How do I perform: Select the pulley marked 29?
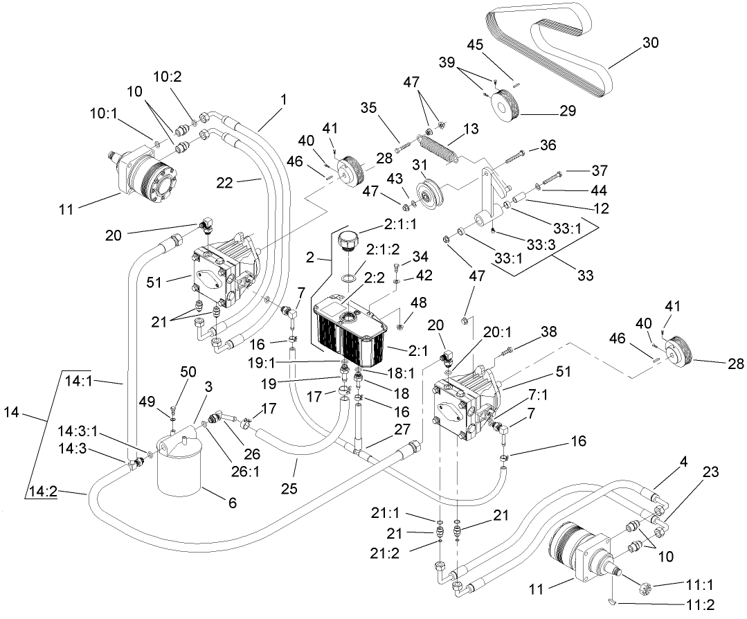[x=503, y=103]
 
